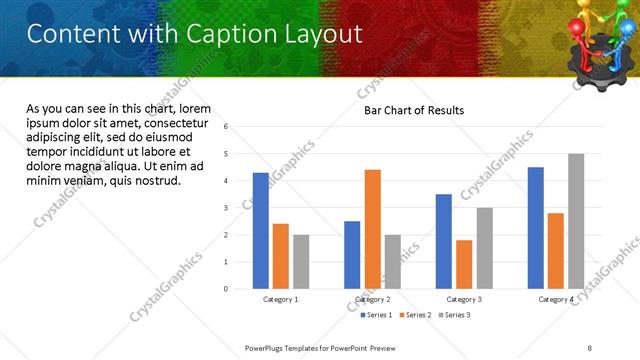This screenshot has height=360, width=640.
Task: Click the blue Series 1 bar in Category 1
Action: point(260,231)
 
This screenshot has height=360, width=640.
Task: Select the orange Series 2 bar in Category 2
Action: point(372,229)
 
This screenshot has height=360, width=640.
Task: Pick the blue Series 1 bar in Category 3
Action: point(444,241)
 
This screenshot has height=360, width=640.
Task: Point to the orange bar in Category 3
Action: point(464,264)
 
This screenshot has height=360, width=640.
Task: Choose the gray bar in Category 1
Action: point(301,262)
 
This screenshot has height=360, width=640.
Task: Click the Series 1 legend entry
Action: point(377,315)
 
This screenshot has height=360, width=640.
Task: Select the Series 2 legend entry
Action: point(415,315)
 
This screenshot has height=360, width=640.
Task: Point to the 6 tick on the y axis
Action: point(227,127)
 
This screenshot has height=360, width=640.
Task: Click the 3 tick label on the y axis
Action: point(227,208)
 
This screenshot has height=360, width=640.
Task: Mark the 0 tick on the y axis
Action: point(227,289)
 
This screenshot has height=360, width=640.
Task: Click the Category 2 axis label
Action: point(372,299)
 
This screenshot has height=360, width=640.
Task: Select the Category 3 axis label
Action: point(464,299)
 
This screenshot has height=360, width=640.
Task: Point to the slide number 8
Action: point(590,347)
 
